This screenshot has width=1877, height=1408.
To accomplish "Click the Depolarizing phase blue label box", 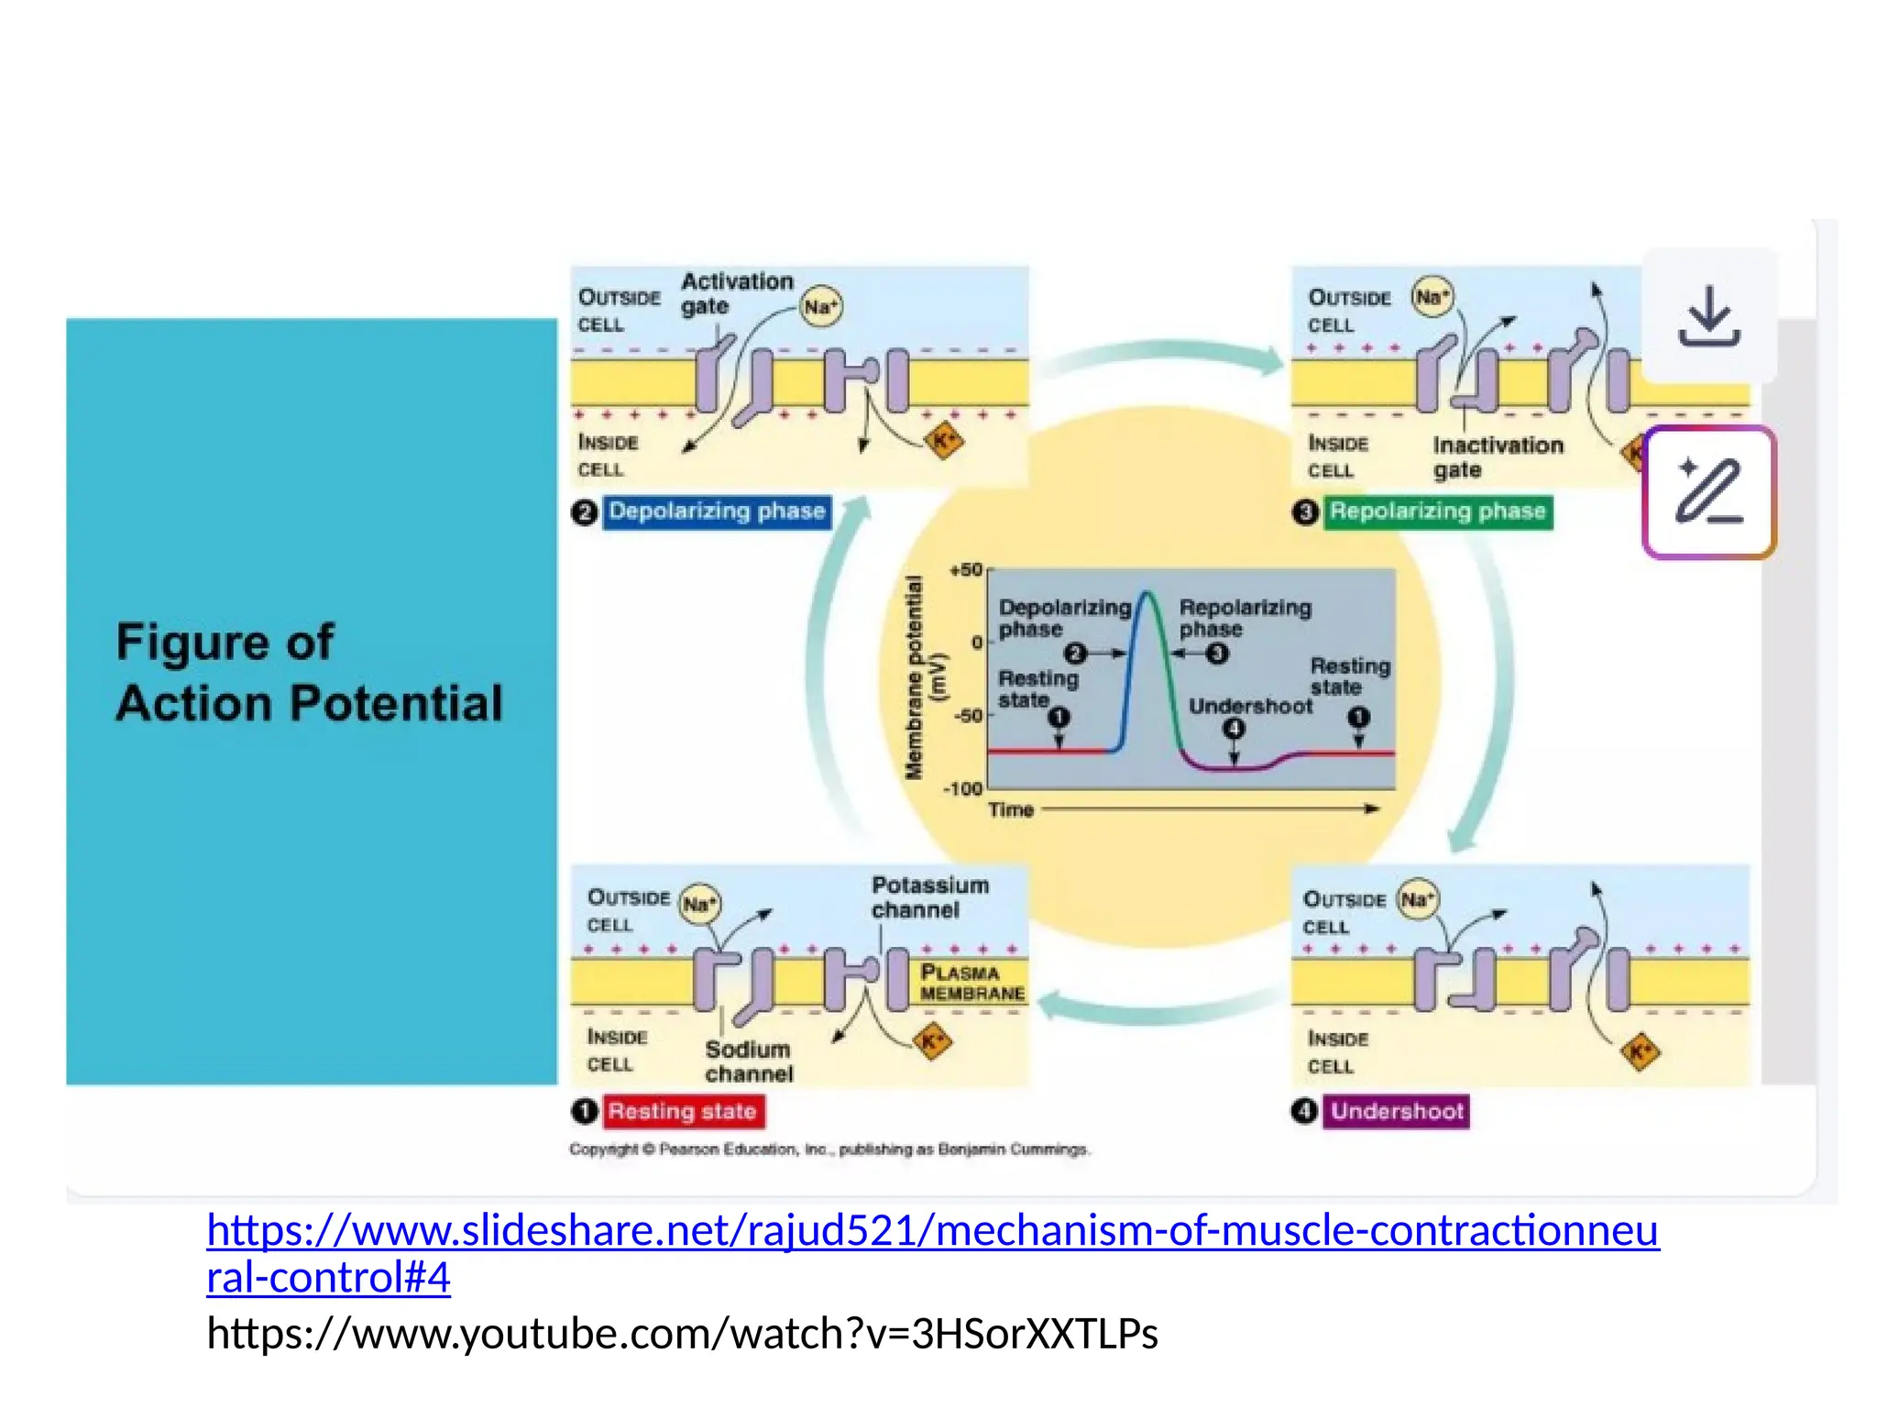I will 717,511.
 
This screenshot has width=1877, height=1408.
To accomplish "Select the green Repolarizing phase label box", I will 1437,511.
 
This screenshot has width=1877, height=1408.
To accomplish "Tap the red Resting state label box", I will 683,1111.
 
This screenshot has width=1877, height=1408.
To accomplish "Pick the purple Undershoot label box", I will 1396,1111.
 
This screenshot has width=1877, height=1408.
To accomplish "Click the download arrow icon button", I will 1709,316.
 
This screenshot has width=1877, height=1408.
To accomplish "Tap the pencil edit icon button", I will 1709,492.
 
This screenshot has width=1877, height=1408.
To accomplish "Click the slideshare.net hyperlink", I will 931,1231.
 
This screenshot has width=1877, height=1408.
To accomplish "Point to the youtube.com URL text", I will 682,1334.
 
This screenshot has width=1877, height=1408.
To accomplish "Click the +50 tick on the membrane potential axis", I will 966,570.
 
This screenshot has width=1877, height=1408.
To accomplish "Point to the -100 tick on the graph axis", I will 962,788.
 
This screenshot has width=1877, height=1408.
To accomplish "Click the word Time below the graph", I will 1011,809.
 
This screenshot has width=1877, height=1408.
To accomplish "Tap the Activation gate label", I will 736,293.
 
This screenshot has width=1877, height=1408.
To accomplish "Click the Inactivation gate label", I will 1498,456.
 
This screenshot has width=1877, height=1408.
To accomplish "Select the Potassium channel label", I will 929,897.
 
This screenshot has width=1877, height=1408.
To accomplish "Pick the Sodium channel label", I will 748,1061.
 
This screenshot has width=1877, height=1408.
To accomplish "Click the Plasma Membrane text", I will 971,983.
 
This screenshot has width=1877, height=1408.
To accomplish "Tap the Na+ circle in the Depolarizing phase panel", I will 820,307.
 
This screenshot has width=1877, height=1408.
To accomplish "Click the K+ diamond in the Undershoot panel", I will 1640,1051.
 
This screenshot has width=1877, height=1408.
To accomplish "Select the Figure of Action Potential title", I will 309,672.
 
